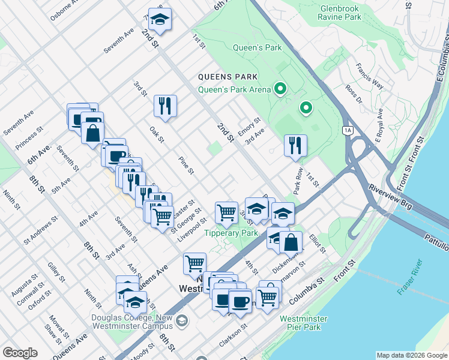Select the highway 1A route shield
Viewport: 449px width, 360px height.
348,130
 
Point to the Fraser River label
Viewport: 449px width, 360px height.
410,277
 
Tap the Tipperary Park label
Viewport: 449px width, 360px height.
231,233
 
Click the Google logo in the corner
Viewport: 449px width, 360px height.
20,353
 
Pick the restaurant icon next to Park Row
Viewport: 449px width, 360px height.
295,145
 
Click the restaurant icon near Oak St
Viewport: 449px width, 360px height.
164,106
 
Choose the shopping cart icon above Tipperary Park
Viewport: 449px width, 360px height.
226,211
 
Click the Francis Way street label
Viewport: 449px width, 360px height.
370,76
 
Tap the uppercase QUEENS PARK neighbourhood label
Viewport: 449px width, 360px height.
228,77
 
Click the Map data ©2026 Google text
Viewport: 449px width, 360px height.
411,355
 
